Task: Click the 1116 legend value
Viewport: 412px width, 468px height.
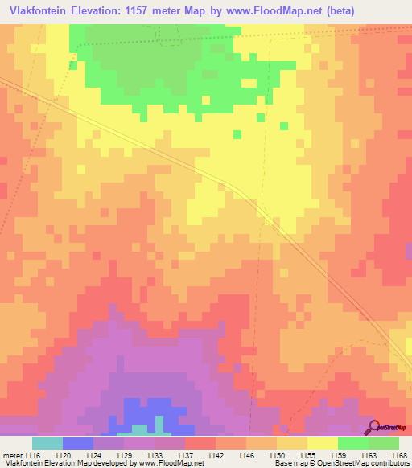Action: [x=31, y=454]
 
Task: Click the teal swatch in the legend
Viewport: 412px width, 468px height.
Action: [x=47, y=443]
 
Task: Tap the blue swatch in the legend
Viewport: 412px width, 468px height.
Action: [x=78, y=443]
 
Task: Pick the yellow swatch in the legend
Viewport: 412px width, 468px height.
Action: [x=322, y=443]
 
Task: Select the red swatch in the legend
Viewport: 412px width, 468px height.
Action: [x=200, y=443]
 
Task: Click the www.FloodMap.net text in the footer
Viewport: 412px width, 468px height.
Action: [x=167, y=463]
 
